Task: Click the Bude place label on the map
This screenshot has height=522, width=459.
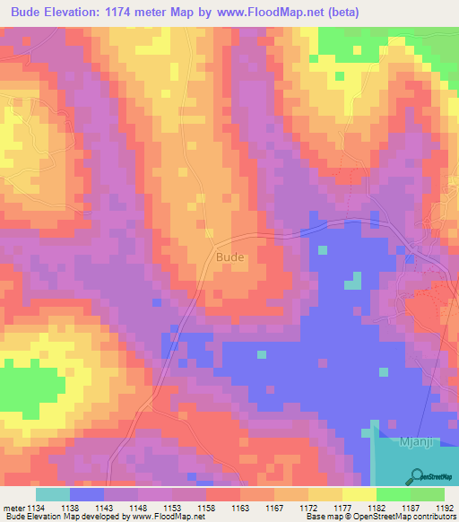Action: (x=229, y=257)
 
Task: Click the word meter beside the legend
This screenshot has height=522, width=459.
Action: (x=14, y=509)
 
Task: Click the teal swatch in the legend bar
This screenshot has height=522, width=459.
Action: (x=53, y=494)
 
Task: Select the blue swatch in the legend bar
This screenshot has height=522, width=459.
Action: (x=87, y=494)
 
